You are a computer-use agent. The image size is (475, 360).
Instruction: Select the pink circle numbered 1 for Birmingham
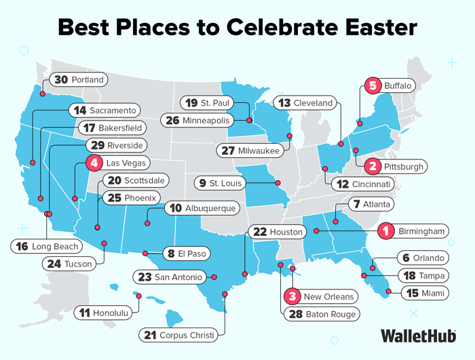(385, 231)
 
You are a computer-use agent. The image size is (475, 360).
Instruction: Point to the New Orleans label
(328, 296)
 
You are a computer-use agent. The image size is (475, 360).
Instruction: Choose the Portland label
(87, 80)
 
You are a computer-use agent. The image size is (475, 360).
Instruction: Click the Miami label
(432, 294)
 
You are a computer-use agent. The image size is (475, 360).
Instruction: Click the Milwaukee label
(258, 151)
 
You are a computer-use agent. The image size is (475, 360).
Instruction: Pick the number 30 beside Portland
(61, 80)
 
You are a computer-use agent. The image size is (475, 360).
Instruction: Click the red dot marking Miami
(388, 292)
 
